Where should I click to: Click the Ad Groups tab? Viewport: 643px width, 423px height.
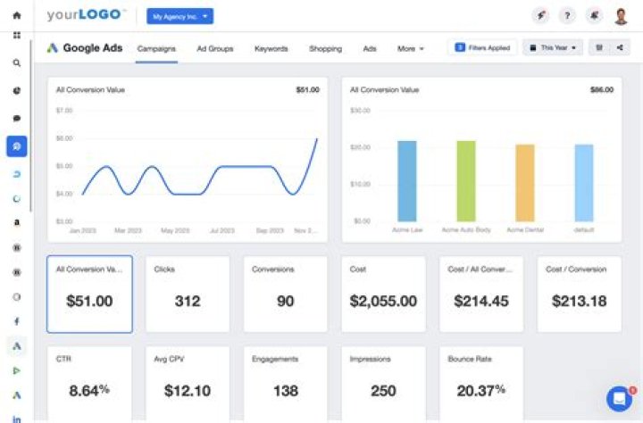click(214, 48)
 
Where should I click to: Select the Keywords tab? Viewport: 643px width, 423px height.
click(271, 48)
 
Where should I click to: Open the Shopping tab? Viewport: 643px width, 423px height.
click(325, 48)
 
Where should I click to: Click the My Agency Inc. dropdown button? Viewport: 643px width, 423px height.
click(180, 16)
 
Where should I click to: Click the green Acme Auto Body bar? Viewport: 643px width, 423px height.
click(466, 180)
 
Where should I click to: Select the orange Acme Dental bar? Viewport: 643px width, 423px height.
click(525, 182)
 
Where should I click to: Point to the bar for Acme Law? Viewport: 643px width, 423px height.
click(407, 180)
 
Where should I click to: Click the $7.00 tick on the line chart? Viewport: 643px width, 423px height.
click(63, 111)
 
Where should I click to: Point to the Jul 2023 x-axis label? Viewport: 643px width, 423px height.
click(221, 230)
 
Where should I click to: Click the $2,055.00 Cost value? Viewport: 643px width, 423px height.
click(383, 302)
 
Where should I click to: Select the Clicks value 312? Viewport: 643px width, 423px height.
click(188, 302)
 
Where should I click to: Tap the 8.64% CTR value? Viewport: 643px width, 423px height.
click(89, 391)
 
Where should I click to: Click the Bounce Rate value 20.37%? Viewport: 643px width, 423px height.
click(481, 391)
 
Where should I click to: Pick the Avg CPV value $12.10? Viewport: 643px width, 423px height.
click(188, 391)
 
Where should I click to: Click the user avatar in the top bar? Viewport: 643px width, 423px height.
click(621, 16)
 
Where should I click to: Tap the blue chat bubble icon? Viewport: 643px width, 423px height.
click(618, 399)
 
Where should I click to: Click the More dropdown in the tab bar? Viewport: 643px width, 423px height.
click(411, 48)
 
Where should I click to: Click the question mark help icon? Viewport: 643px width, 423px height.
click(567, 16)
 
